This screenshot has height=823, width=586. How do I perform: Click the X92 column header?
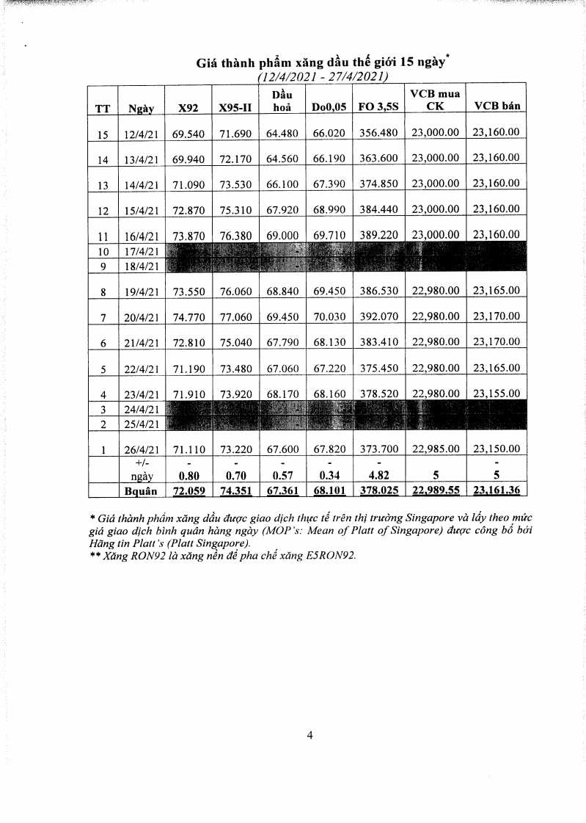(188, 108)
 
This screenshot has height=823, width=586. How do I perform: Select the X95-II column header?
(235, 108)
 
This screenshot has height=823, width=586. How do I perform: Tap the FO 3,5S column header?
(378, 108)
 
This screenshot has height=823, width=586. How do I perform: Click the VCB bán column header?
(497, 106)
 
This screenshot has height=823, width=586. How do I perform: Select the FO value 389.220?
(378, 236)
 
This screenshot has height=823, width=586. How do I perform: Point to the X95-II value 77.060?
(235, 317)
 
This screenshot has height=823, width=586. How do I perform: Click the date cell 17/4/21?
(142, 251)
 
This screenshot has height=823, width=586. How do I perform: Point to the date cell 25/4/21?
(142, 424)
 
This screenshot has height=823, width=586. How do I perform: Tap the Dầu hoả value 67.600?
(282, 449)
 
